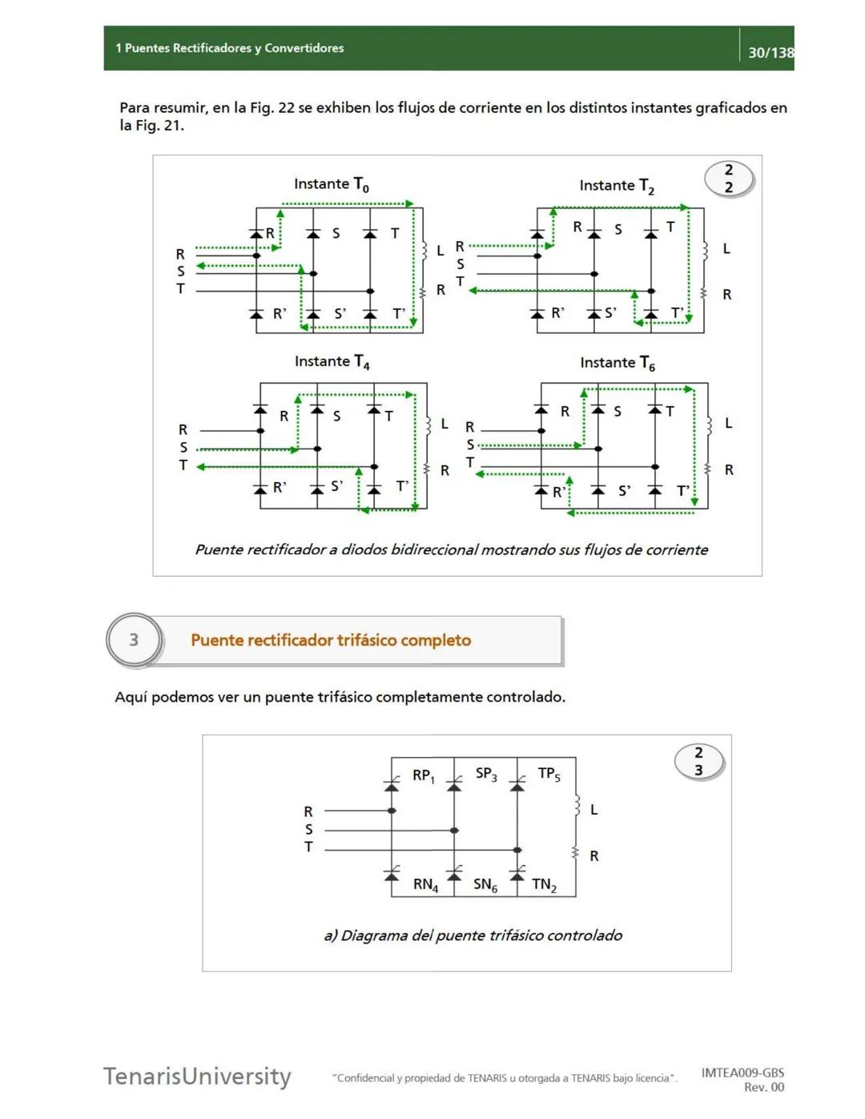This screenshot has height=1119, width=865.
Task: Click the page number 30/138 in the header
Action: point(770,53)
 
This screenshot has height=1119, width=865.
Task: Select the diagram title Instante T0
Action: point(331,185)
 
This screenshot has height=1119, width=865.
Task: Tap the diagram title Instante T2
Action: point(617,187)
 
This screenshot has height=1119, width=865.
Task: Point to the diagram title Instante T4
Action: point(332,362)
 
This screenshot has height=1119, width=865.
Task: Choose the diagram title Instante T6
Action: point(618,364)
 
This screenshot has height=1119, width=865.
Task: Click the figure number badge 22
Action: point(729,179)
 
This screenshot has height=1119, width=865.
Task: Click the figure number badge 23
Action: point(698,761)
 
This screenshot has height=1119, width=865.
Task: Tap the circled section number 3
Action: point(134,640)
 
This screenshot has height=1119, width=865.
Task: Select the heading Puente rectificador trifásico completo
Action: point(331,640)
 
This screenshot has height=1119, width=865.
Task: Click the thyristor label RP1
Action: point(423,775)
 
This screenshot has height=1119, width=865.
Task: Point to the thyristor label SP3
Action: point(486,774)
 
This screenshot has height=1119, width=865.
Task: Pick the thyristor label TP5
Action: point(549,774)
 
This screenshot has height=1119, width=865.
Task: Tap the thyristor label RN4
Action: point(425,885)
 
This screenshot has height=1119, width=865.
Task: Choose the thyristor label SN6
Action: point(485,885)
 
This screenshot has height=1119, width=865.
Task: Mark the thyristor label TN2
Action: point(544,885)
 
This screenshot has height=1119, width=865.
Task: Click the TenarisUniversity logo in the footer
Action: point(197,1076)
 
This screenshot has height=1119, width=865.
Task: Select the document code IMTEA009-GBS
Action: point(742,1073)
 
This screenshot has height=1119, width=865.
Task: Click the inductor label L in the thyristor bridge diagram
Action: point(593,810)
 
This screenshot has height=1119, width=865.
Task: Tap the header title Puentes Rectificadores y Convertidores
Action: point(234,48)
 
